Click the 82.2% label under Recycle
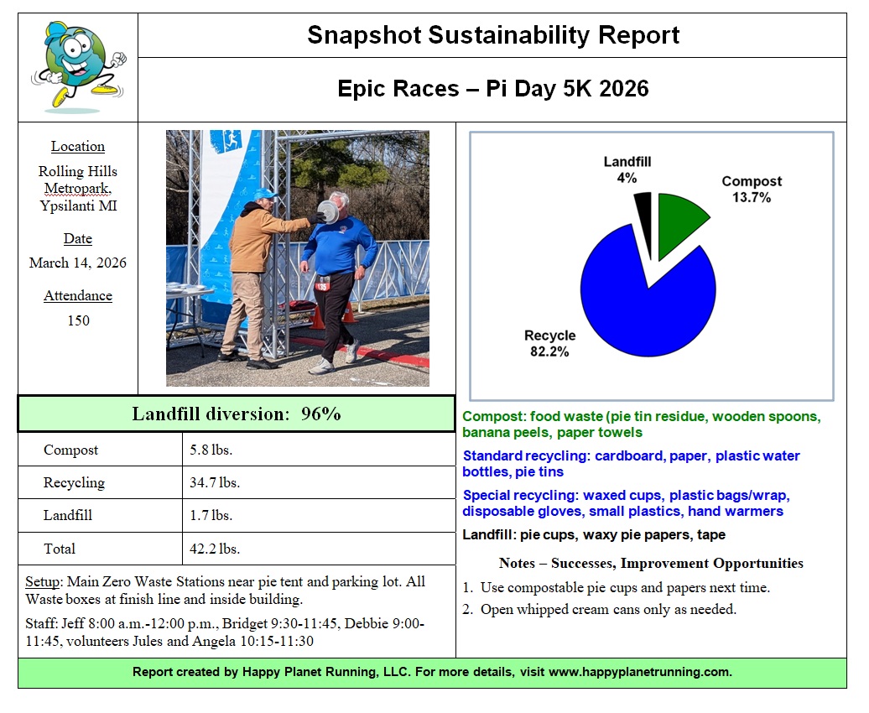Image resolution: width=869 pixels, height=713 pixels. [x=549, y=351]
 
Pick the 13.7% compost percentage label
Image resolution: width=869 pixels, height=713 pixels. [x=751, y=197]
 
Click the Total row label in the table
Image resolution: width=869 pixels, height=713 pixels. [x=60, y=549]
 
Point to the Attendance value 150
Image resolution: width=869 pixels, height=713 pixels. [x=78, y=320]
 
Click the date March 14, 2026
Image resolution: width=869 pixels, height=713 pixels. [x=78, y=263]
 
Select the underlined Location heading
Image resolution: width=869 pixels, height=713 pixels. [x=78, y=146]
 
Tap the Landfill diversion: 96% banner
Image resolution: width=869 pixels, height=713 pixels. [x=237, y=414]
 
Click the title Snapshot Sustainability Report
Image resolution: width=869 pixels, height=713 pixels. [x=493, y=35]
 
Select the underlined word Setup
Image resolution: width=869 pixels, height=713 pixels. [x=41, y=582]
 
